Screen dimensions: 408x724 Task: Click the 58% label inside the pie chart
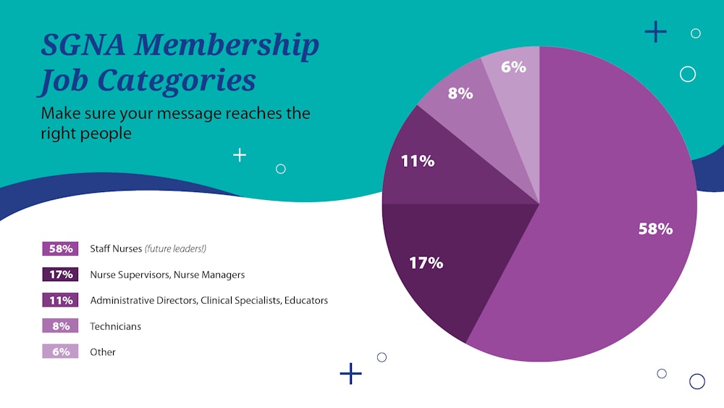click(655, 229)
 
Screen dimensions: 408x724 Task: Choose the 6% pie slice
click(514, 72)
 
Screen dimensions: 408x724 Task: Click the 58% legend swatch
click(60, 249)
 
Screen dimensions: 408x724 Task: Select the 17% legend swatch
click(60, 275)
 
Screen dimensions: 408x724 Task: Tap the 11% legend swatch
click(60, 300)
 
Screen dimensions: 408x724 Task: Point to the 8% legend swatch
click(60, 326)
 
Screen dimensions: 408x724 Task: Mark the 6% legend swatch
click(60, 351)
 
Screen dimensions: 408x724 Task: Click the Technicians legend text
click(115, 326)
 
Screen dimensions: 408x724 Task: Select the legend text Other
click(103, 352)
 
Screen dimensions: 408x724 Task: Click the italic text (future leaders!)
click(175, 249)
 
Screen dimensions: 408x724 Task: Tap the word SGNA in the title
click(80, 46)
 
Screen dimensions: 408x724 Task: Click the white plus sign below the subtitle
click(240, 154)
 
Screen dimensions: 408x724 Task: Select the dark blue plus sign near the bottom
click(350, 374)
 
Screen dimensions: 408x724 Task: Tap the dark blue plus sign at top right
click(655, 32)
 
